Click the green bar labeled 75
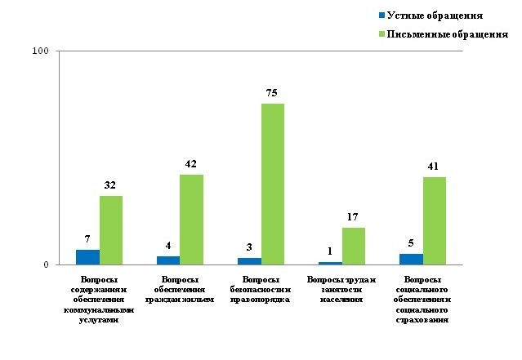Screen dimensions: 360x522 coord(273,184)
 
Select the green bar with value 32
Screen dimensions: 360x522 coord(111,230)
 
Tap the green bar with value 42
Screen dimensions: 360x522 coord(192,220)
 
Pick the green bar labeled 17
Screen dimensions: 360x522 coord(354,246)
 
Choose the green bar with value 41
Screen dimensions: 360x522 coord(435,220)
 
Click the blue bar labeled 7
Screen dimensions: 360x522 coord(87,257)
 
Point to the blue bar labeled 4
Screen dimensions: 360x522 coord(168,260)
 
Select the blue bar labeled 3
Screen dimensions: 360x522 coord(249,261)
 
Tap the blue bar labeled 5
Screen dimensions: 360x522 coord(411,260)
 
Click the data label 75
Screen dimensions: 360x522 coord(273,92)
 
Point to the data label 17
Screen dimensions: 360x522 coord(354,216)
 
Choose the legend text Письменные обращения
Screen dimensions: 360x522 coord(447,34)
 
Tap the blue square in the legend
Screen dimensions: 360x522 coord(381,16)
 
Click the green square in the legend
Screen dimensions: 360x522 coord(381,34)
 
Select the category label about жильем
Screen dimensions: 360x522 coord(179,289)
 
